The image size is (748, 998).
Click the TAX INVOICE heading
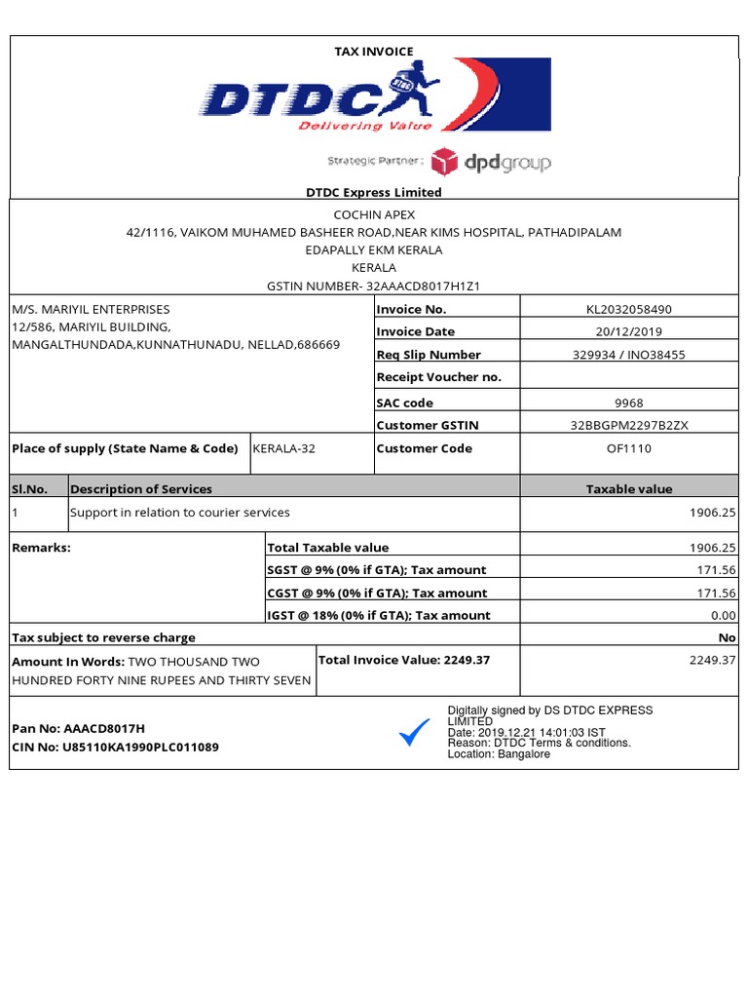click(374, 52)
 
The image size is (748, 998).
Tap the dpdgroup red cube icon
click(444, 161)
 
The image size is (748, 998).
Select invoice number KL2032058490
click(629, 310)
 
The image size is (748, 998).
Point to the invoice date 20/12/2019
click(629, 332)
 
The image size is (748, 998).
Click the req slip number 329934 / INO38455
click(629, 355)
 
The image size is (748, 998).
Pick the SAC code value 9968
click(629, 403)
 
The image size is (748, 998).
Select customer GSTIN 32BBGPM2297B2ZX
click(629, 426)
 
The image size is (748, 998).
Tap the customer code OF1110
click(629, 449)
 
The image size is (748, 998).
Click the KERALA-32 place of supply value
click(283, 449)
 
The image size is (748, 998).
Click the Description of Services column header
click(141, 489)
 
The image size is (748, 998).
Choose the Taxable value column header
click(628, 489)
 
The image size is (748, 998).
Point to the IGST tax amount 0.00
click(724, 615)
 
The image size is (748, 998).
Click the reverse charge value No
click(727, 637)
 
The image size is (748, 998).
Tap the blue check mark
click(414, 733)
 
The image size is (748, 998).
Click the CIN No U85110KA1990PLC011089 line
click(115, 748)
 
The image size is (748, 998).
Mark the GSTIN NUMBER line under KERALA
click(374, 287)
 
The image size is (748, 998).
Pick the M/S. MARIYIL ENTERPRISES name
click(91, 310)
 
